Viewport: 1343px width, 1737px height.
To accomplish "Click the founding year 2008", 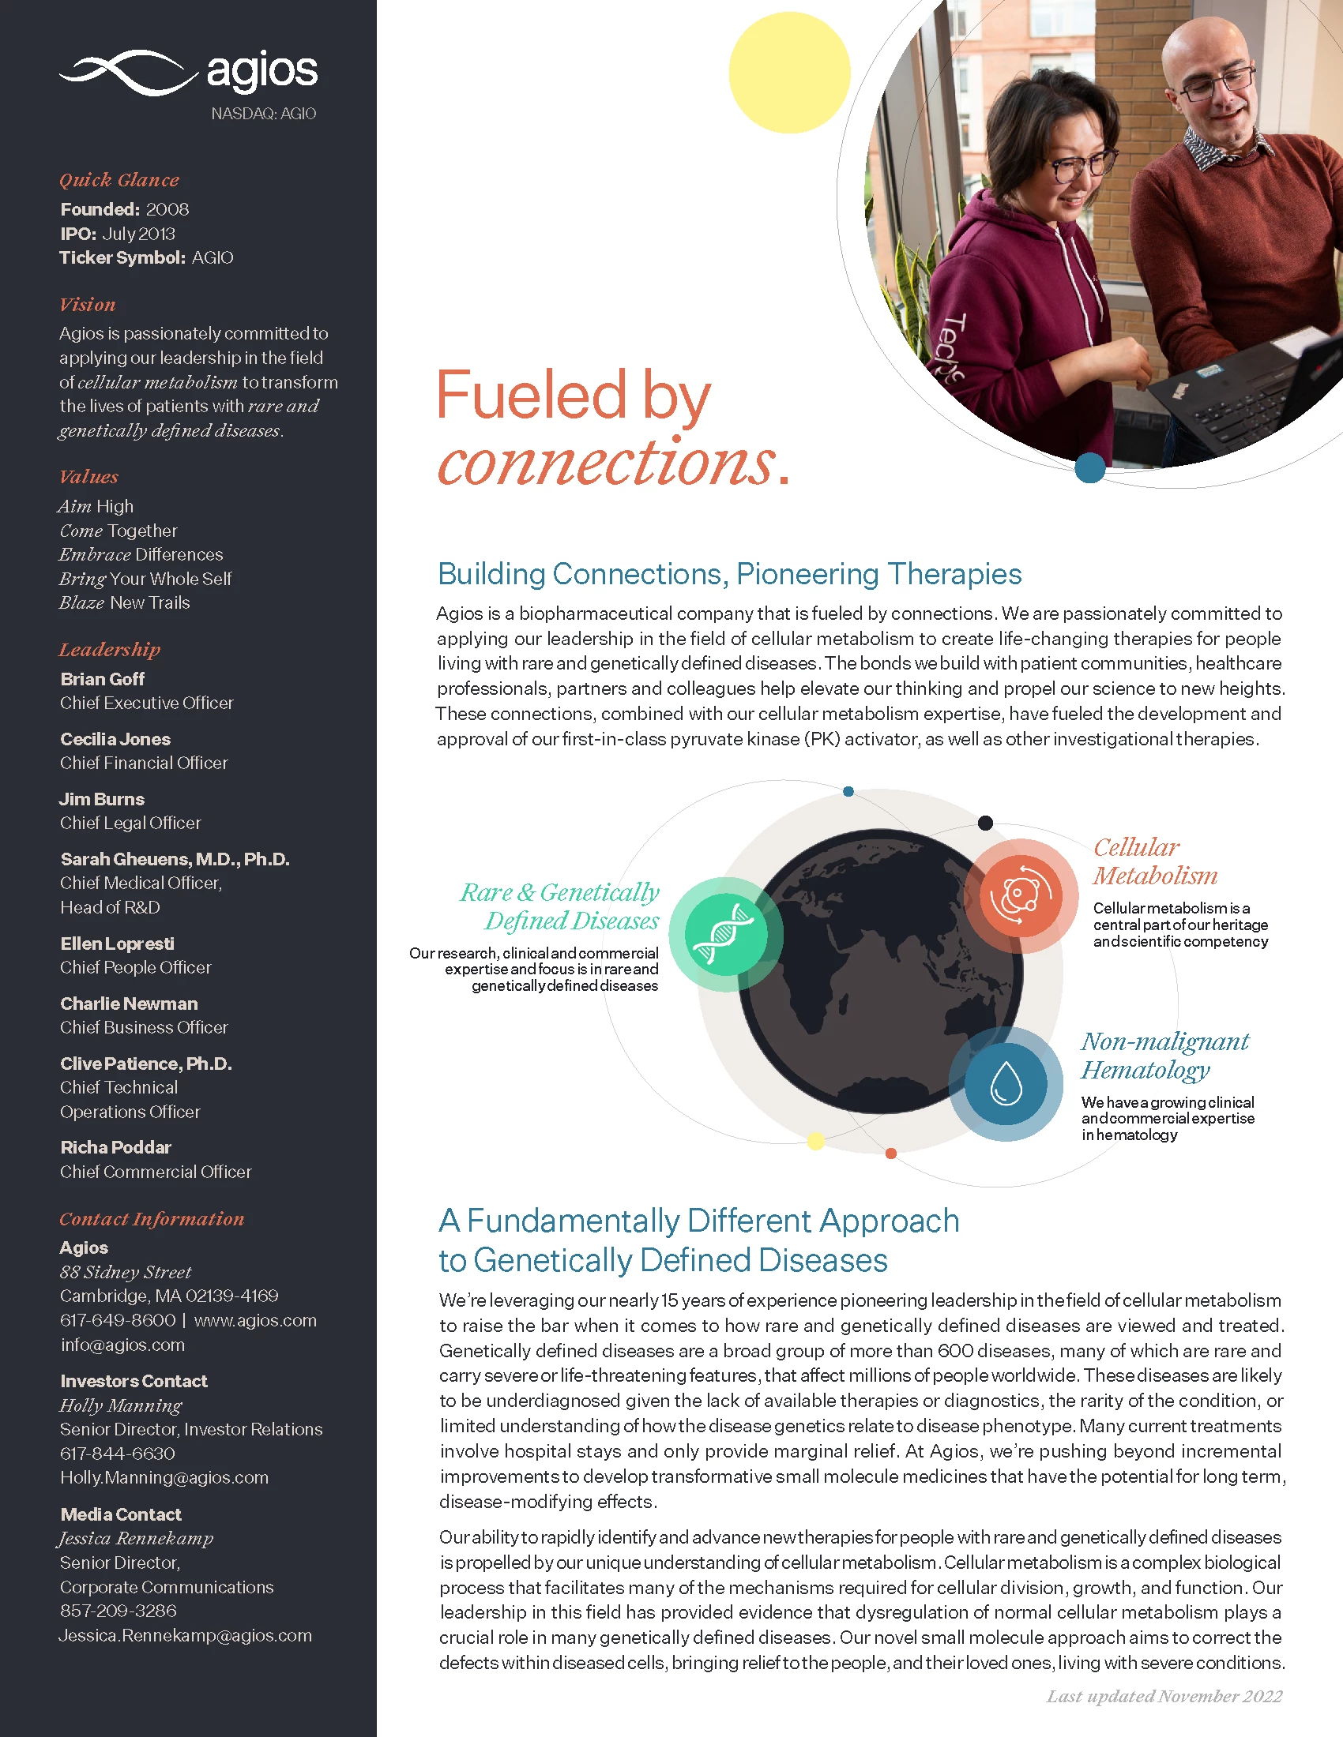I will coord(167,209).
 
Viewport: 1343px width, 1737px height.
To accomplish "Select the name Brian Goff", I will coord(103,679).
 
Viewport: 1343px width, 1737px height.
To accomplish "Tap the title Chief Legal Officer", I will coord(130,823).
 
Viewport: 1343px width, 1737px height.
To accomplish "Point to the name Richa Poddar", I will coord(116,1148).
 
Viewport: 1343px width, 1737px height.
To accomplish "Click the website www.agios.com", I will coord(255,1320).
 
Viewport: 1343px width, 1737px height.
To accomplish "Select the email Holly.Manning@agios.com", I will coord(164,1478).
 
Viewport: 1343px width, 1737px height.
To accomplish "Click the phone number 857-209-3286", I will coord(118,1611).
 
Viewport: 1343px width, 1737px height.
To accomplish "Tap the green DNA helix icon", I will coord(724,934).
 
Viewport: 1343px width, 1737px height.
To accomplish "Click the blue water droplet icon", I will coord(1006,1083).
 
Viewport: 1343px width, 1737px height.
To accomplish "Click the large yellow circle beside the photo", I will coord(789,73).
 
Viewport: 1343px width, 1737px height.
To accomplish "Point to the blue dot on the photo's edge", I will coord(1090,467).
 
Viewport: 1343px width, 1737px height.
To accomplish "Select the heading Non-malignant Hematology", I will coord(1164,1056).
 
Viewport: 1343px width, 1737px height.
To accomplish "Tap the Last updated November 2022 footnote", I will coord(1164,1697).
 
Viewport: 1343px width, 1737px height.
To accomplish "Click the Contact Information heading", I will coord(152,1219).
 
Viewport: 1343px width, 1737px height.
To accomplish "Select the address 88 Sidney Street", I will coord(126,1272).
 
